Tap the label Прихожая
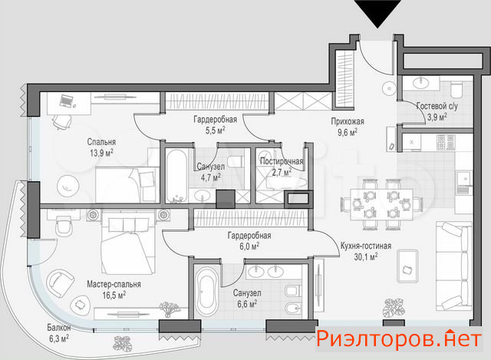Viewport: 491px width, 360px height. click(x=348, y=121)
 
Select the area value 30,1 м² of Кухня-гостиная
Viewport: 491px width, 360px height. click(x=366, y=257)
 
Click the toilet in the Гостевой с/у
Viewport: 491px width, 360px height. click(x=456, y=89)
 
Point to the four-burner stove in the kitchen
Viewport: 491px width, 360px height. click(x=446, y=141)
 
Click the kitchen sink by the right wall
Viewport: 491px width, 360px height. click(x=464, y=182)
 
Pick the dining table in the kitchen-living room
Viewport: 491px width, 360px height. click(x=381, y=204)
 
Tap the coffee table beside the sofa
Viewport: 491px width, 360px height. click(x=407, y=266)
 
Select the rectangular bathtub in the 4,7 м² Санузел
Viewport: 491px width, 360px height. click(x=176, y=176)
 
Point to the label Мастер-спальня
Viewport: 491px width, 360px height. click(x=114, y=284)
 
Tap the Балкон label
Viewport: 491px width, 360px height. click(x=59, y=328)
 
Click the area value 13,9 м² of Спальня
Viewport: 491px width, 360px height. click(x=101, y=153)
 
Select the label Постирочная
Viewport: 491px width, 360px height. click(x=282, y=162)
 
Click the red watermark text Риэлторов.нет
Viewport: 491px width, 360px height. click(x=399, y=339)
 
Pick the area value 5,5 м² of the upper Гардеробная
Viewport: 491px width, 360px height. click(x=216, y=130)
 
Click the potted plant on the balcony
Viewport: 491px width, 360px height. click(x=122, y=343)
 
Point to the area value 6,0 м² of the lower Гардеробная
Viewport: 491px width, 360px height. click(x=249, y=246)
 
